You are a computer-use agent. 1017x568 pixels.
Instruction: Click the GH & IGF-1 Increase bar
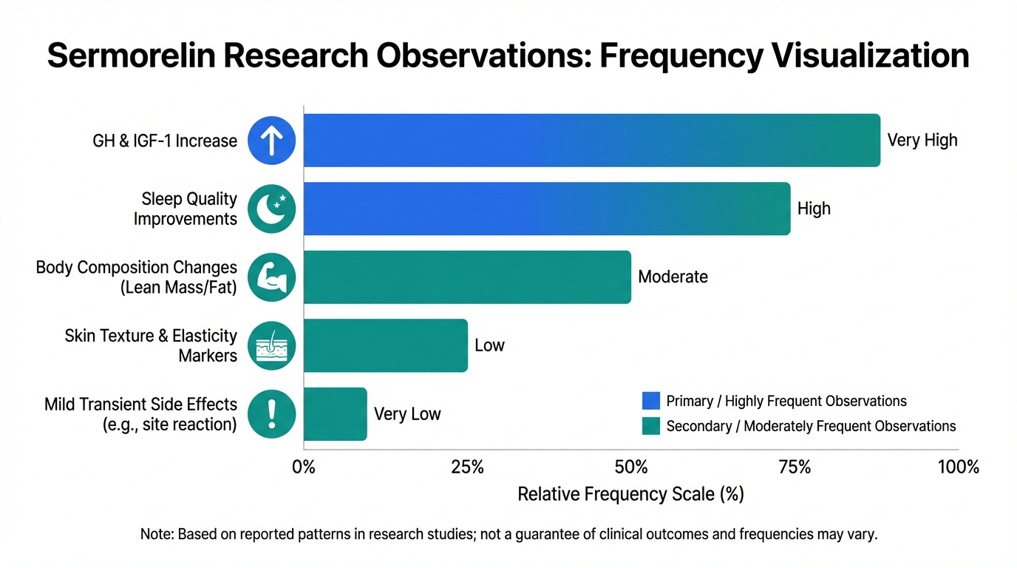pos(591,140)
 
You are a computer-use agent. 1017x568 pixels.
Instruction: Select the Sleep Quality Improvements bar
pos(547,209)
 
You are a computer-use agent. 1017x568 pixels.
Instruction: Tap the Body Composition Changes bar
pos(467,277)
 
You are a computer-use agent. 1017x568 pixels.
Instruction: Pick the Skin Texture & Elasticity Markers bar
pos(385,345)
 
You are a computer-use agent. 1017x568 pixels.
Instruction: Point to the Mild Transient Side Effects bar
pos(335,413)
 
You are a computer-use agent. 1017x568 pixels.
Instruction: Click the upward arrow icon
pos(272,140)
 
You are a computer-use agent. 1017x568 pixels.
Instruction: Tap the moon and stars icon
pos(272,209)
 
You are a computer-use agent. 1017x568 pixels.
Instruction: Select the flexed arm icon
pos(272,277)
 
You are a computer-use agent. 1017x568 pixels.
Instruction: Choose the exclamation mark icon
pos(272,413)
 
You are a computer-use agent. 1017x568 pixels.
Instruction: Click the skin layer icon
pos(272,345)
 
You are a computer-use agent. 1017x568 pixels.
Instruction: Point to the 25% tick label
pos(467,467)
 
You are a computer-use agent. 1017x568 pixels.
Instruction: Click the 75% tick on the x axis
pos(795,467)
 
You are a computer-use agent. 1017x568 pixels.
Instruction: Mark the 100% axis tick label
pos(958,467)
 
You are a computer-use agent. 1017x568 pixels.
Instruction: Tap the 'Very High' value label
pos(922,140)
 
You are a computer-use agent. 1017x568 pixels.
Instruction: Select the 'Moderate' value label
pos(673,277)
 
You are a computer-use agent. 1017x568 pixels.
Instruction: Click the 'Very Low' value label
pos(407,413)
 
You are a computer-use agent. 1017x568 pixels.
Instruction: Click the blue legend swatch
pos(651,401)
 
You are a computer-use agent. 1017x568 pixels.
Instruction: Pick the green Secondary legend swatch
pos(651,426)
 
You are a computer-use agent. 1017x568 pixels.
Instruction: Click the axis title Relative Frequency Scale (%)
pos(630,494)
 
